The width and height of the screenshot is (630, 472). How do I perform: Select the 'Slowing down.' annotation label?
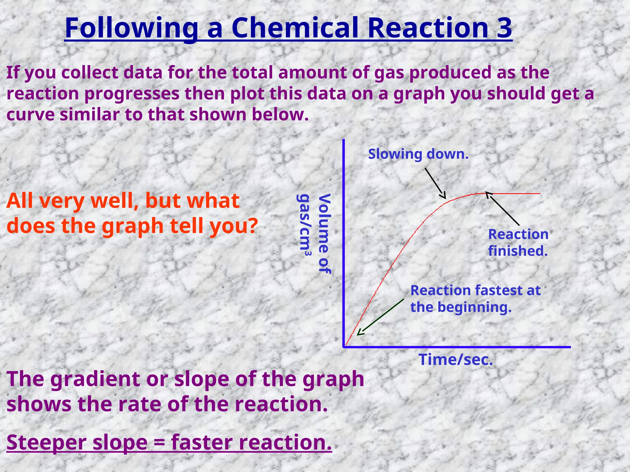pos(418,154)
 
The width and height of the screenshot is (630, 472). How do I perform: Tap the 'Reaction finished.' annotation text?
pos(518,242)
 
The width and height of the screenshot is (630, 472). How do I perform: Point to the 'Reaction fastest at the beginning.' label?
pos(475,298)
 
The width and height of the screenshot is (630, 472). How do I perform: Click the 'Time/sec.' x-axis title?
pos(456,360)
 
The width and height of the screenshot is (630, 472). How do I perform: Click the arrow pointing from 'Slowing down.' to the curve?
pos(435,183)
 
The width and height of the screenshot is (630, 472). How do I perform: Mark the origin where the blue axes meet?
pos(344,347)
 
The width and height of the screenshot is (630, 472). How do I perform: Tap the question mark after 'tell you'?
pos(252,226)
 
